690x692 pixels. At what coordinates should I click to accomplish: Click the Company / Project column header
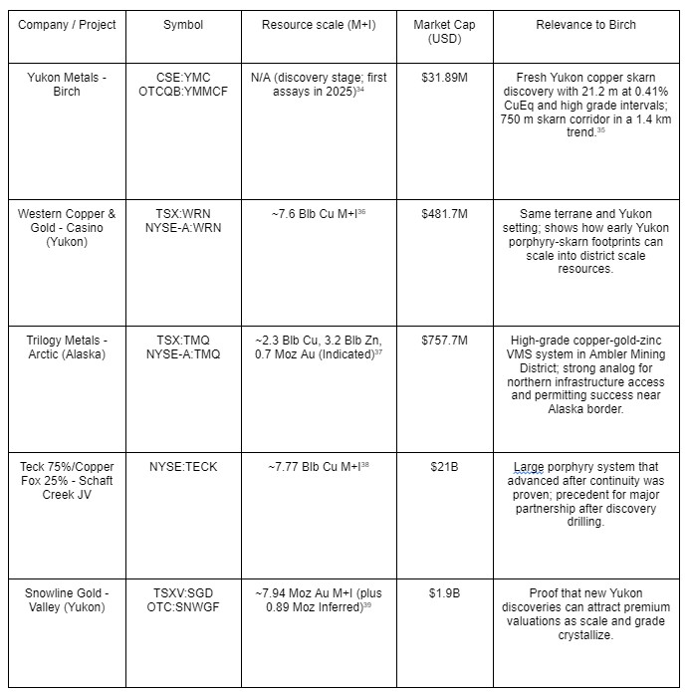coord(68,24)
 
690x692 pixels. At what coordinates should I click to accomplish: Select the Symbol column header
coord(183,24)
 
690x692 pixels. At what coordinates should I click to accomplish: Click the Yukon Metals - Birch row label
coord(68,83)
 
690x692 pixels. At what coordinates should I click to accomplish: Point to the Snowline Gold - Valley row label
coord(68,599)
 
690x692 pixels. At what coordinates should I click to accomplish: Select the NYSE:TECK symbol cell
coord(183,466)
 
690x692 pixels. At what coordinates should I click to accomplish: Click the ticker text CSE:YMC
coord(183,76)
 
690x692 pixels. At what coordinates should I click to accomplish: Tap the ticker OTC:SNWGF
coord(183,606)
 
